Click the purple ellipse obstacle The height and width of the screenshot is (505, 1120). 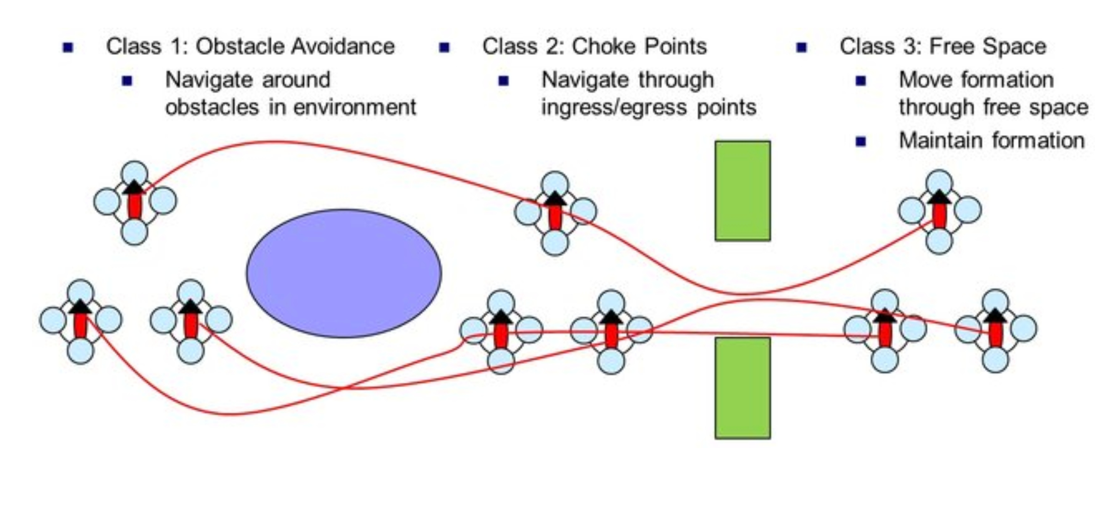(x=343, y=273)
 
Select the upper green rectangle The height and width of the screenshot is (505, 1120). (x=742, y=191)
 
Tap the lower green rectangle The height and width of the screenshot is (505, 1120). (x=742, y=388)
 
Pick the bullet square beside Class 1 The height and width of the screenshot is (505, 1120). (x=68, y=48)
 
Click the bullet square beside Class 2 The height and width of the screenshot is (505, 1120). (x=444, y=48)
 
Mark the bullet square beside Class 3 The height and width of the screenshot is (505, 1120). (x=801, y=48)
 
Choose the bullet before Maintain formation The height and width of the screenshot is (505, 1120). (x=861, y=142)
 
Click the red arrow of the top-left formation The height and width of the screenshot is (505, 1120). (x=134, y=202)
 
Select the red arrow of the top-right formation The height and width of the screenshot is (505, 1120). (x=939, y=211)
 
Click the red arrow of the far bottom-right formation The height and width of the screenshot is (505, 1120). (x=995, y=330)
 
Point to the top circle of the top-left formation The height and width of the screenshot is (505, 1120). (x=134, y=174)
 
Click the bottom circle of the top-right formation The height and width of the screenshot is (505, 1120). (x=939, y=241)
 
